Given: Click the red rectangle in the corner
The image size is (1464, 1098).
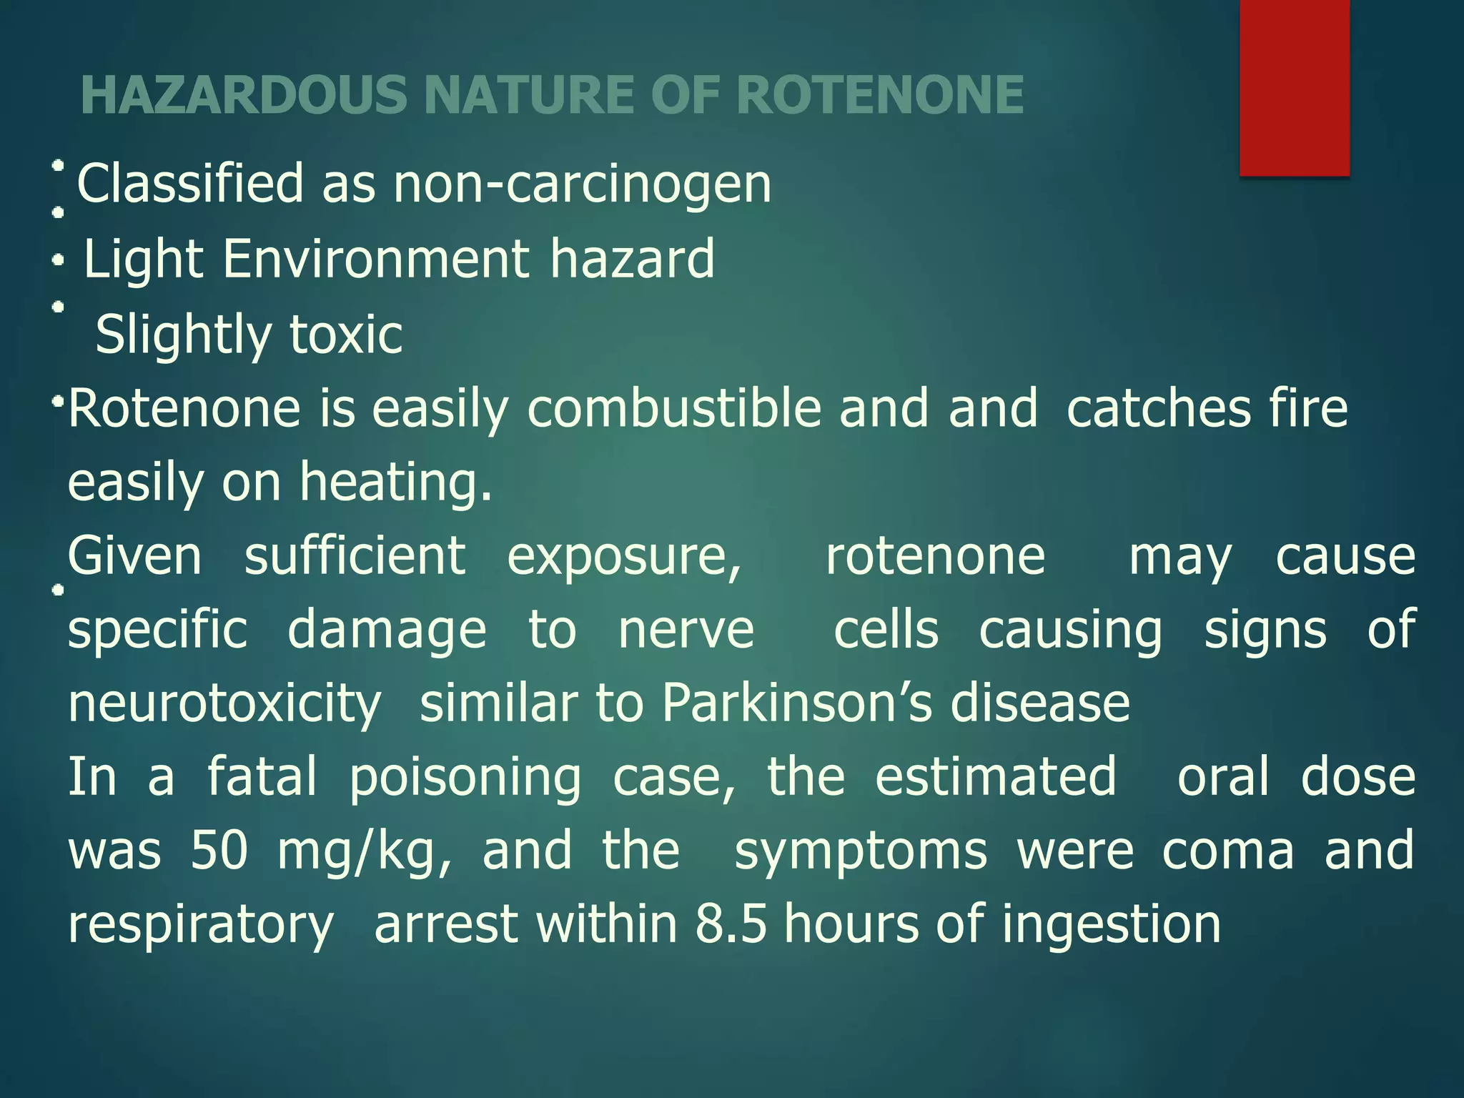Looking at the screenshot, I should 1294,87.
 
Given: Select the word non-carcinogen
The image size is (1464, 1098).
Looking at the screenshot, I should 583,184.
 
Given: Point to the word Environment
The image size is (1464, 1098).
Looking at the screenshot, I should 377,259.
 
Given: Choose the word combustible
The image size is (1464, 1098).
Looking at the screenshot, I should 674,408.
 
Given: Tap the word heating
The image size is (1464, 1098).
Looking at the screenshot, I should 396,482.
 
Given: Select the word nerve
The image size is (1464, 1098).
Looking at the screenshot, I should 686,630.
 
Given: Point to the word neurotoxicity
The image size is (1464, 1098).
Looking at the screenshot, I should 224,704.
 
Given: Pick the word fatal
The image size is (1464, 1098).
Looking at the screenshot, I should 262,777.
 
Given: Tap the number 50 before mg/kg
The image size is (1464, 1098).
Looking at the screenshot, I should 219,851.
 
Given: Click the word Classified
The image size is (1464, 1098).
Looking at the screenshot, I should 190,184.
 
